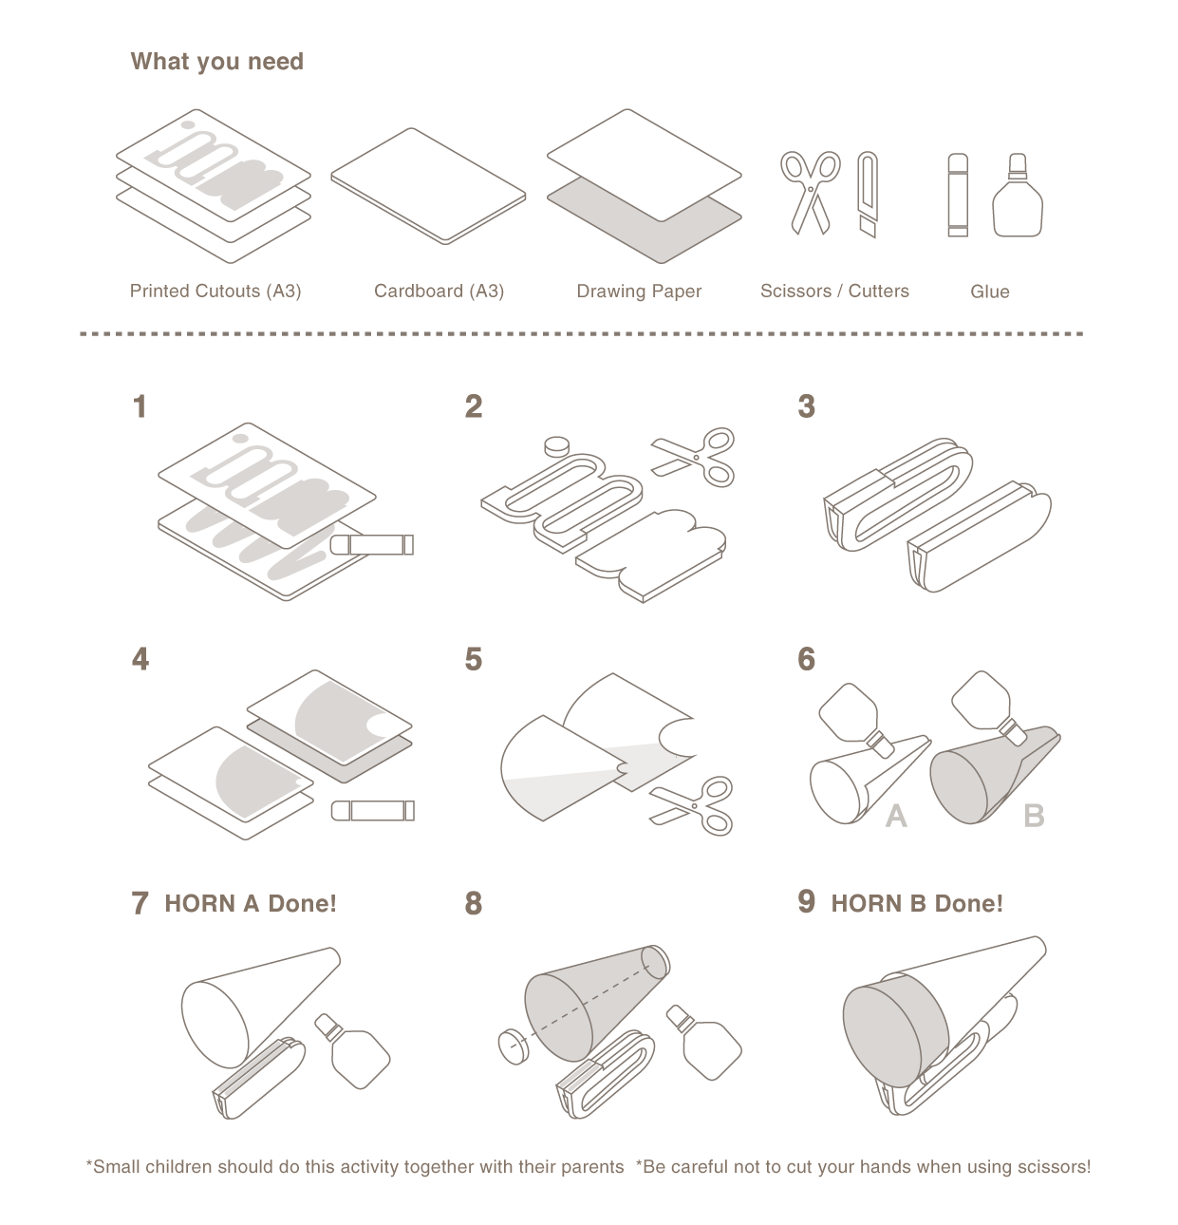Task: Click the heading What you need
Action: click(216, 62)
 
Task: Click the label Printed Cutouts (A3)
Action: click(215, 292)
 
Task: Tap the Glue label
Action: click(989, 292)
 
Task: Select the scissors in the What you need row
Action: click(810, 193)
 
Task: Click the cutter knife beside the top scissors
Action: click(867, 195)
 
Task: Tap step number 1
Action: click(140, 407)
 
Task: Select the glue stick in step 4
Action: click(372, 811)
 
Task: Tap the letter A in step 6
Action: click(895, 817)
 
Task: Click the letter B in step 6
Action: click(1034, 816)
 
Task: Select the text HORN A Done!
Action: click(251, 903)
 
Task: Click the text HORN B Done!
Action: click(917, 903)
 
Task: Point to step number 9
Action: click(806, 901)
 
